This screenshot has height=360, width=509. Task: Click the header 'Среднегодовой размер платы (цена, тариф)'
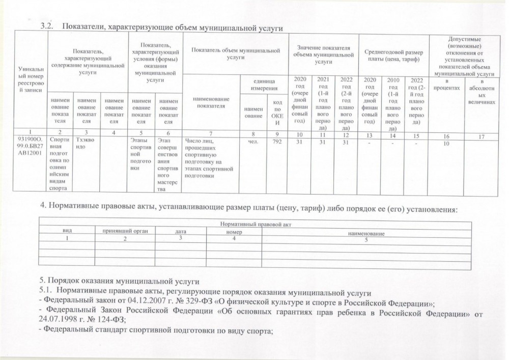click(x=393, y=54)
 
